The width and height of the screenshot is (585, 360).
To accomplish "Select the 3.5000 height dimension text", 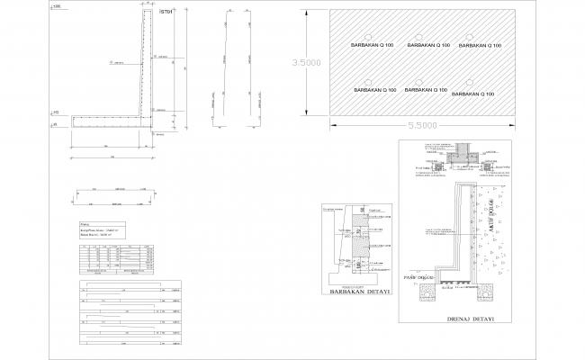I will (306, 63).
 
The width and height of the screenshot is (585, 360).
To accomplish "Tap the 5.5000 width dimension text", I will (420, 126).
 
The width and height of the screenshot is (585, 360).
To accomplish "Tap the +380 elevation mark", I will (56, 7).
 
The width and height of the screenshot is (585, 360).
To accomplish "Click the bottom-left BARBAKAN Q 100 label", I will (374, 91).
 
